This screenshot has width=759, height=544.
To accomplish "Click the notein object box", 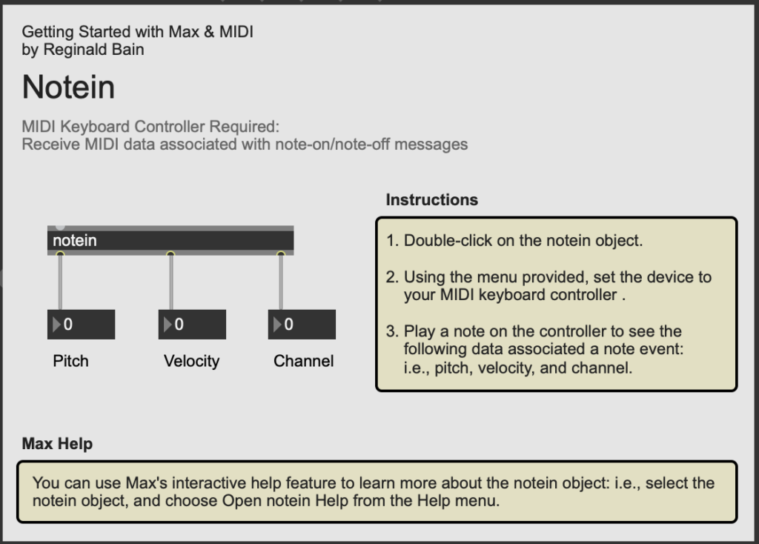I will click(x=170, y=240).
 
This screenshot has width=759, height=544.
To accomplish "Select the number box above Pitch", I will click(x=81, y=325).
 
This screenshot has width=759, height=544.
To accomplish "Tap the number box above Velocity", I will click(x=192, y=325).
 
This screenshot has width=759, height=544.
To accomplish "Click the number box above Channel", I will click(x=302, y=325).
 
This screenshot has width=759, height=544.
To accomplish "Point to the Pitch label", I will click(x=70, y=361).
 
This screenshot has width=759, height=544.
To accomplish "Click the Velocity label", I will click(x=191, y=361).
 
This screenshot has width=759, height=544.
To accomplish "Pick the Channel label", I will click(x=303, y=361).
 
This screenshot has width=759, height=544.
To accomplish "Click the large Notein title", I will click(x=68, y=87).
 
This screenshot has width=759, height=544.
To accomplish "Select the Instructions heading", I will click(x=431, y=199).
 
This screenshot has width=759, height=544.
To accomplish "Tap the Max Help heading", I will click(x=57, y=444).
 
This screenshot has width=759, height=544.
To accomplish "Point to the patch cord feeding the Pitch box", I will click(x=60, y=282).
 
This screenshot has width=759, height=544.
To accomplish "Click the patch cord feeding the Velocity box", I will click(x=170, y=282).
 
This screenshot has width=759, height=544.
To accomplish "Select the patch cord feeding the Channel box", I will click(x=281, y=282).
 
